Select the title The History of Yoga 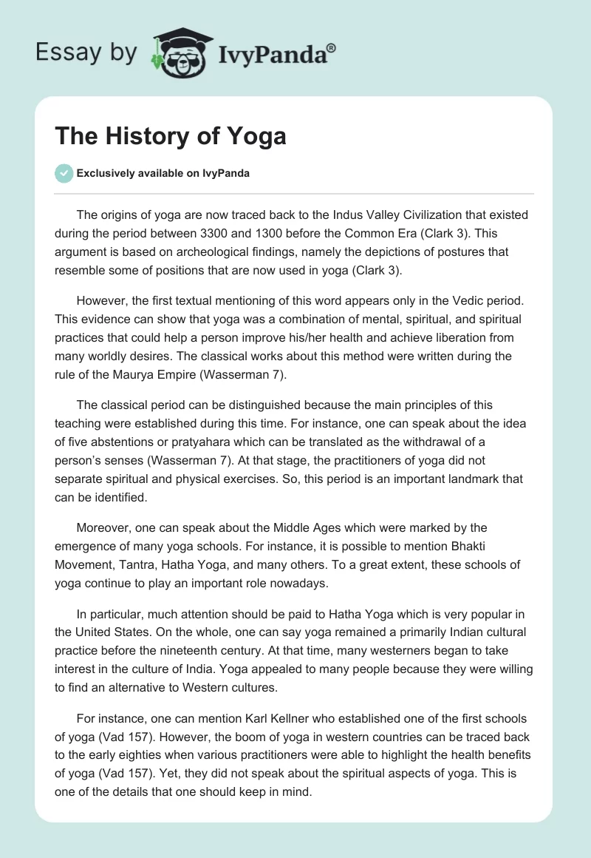point(171,136)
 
